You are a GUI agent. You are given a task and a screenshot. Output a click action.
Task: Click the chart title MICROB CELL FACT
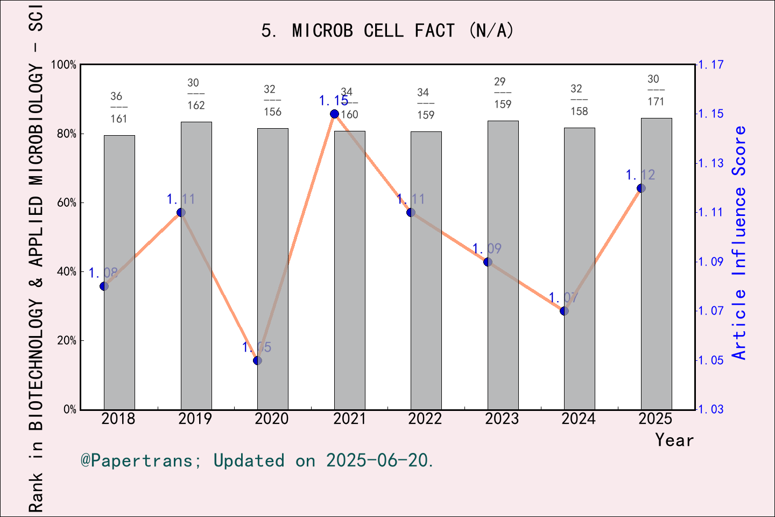point(387,31)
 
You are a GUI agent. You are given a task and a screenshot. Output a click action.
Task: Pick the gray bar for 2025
point(656,263)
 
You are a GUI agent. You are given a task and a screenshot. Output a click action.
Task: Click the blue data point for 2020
point(257,360)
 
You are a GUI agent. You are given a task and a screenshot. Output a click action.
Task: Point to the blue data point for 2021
point(334,114)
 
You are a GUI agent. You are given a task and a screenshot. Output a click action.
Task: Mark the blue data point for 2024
point(564,311)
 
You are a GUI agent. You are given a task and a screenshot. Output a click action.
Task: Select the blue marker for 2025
point(641,188)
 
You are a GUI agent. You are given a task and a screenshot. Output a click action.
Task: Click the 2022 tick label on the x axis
point(425,418)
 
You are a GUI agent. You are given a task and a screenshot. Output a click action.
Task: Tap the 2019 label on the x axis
point(195,418)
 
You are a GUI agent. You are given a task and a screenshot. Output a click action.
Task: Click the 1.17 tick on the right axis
point(711,65)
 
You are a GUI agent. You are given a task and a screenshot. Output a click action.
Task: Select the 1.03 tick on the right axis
point(711,409)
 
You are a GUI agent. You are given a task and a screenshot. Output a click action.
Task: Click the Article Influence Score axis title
point(739,242)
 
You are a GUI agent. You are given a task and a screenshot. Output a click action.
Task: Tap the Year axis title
point(674,440)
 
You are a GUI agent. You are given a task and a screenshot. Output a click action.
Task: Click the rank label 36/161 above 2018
point(118,107)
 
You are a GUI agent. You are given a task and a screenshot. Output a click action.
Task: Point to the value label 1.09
point(487,248)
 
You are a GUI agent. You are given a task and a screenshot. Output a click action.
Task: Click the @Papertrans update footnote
point(257,460)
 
